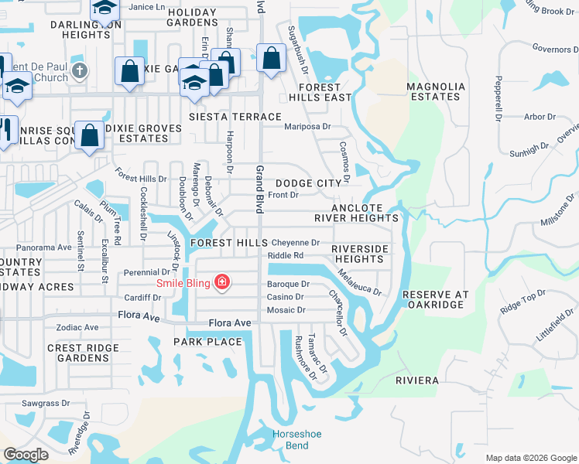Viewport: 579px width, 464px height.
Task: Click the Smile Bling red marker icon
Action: coord(222,282)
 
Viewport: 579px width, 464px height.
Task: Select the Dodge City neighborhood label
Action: coord(308,183)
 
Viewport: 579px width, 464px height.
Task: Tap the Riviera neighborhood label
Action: coord(417,380)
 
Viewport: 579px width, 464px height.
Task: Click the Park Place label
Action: coord(207,341)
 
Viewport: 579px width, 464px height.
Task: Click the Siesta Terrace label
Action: coord(235,117)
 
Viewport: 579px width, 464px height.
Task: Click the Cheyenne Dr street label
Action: coord(295,243)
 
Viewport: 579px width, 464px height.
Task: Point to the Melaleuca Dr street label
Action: coord(360,282)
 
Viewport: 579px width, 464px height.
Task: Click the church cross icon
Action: coord(79,73)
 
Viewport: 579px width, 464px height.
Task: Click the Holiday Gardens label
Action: coord(192,18)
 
